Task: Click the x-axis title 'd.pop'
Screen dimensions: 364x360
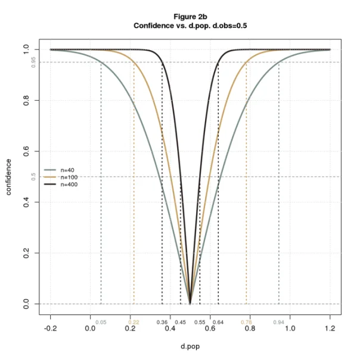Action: click(190, 346)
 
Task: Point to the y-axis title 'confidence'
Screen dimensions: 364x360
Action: click(9, 177)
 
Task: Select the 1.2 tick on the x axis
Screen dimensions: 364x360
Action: click(330, 328)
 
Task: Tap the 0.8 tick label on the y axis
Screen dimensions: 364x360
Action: click(26, 100)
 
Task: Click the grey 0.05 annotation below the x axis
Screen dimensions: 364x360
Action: click(101, 322)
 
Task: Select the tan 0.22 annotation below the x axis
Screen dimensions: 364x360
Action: click(134, 322)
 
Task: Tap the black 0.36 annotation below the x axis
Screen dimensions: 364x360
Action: click(162, 322)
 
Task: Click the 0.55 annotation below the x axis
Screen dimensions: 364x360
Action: click(200, 322)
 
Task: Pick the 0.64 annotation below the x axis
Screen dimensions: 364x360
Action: click(218, 322)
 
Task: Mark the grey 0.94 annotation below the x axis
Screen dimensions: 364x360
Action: click(278, 322)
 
